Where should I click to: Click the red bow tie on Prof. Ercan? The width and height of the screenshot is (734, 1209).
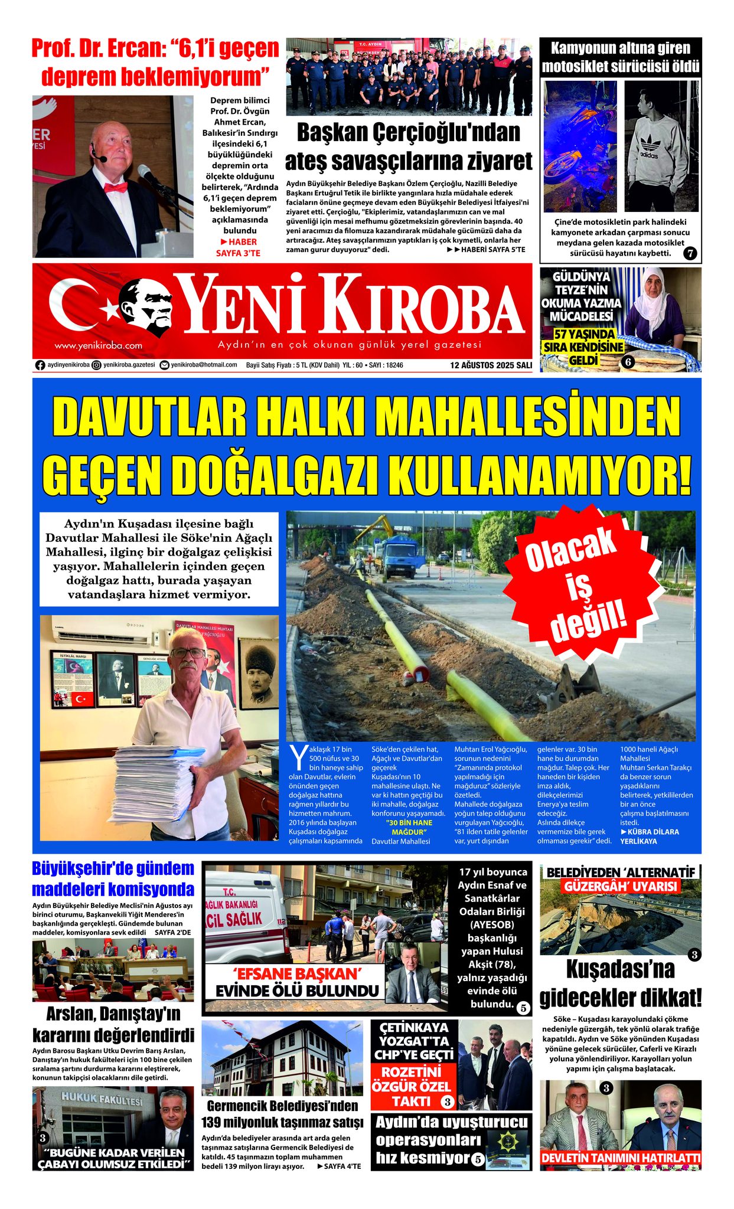tap(116, 187)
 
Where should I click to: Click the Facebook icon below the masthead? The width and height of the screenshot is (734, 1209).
tap(40, 365)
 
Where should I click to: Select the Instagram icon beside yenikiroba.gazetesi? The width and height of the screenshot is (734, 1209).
tap(96, 365)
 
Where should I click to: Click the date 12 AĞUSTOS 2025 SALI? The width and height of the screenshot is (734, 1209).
tap(491, 365)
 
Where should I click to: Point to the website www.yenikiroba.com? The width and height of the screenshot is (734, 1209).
tap(98, 345)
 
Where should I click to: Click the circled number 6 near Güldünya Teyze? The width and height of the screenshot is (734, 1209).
tap(627, 362)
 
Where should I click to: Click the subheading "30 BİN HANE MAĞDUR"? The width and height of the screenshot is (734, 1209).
tap(409, 827)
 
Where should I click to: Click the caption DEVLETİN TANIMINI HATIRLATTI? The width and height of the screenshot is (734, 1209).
tap(621, 1158)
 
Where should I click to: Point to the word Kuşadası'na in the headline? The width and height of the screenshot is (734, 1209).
tap(620, 969)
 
